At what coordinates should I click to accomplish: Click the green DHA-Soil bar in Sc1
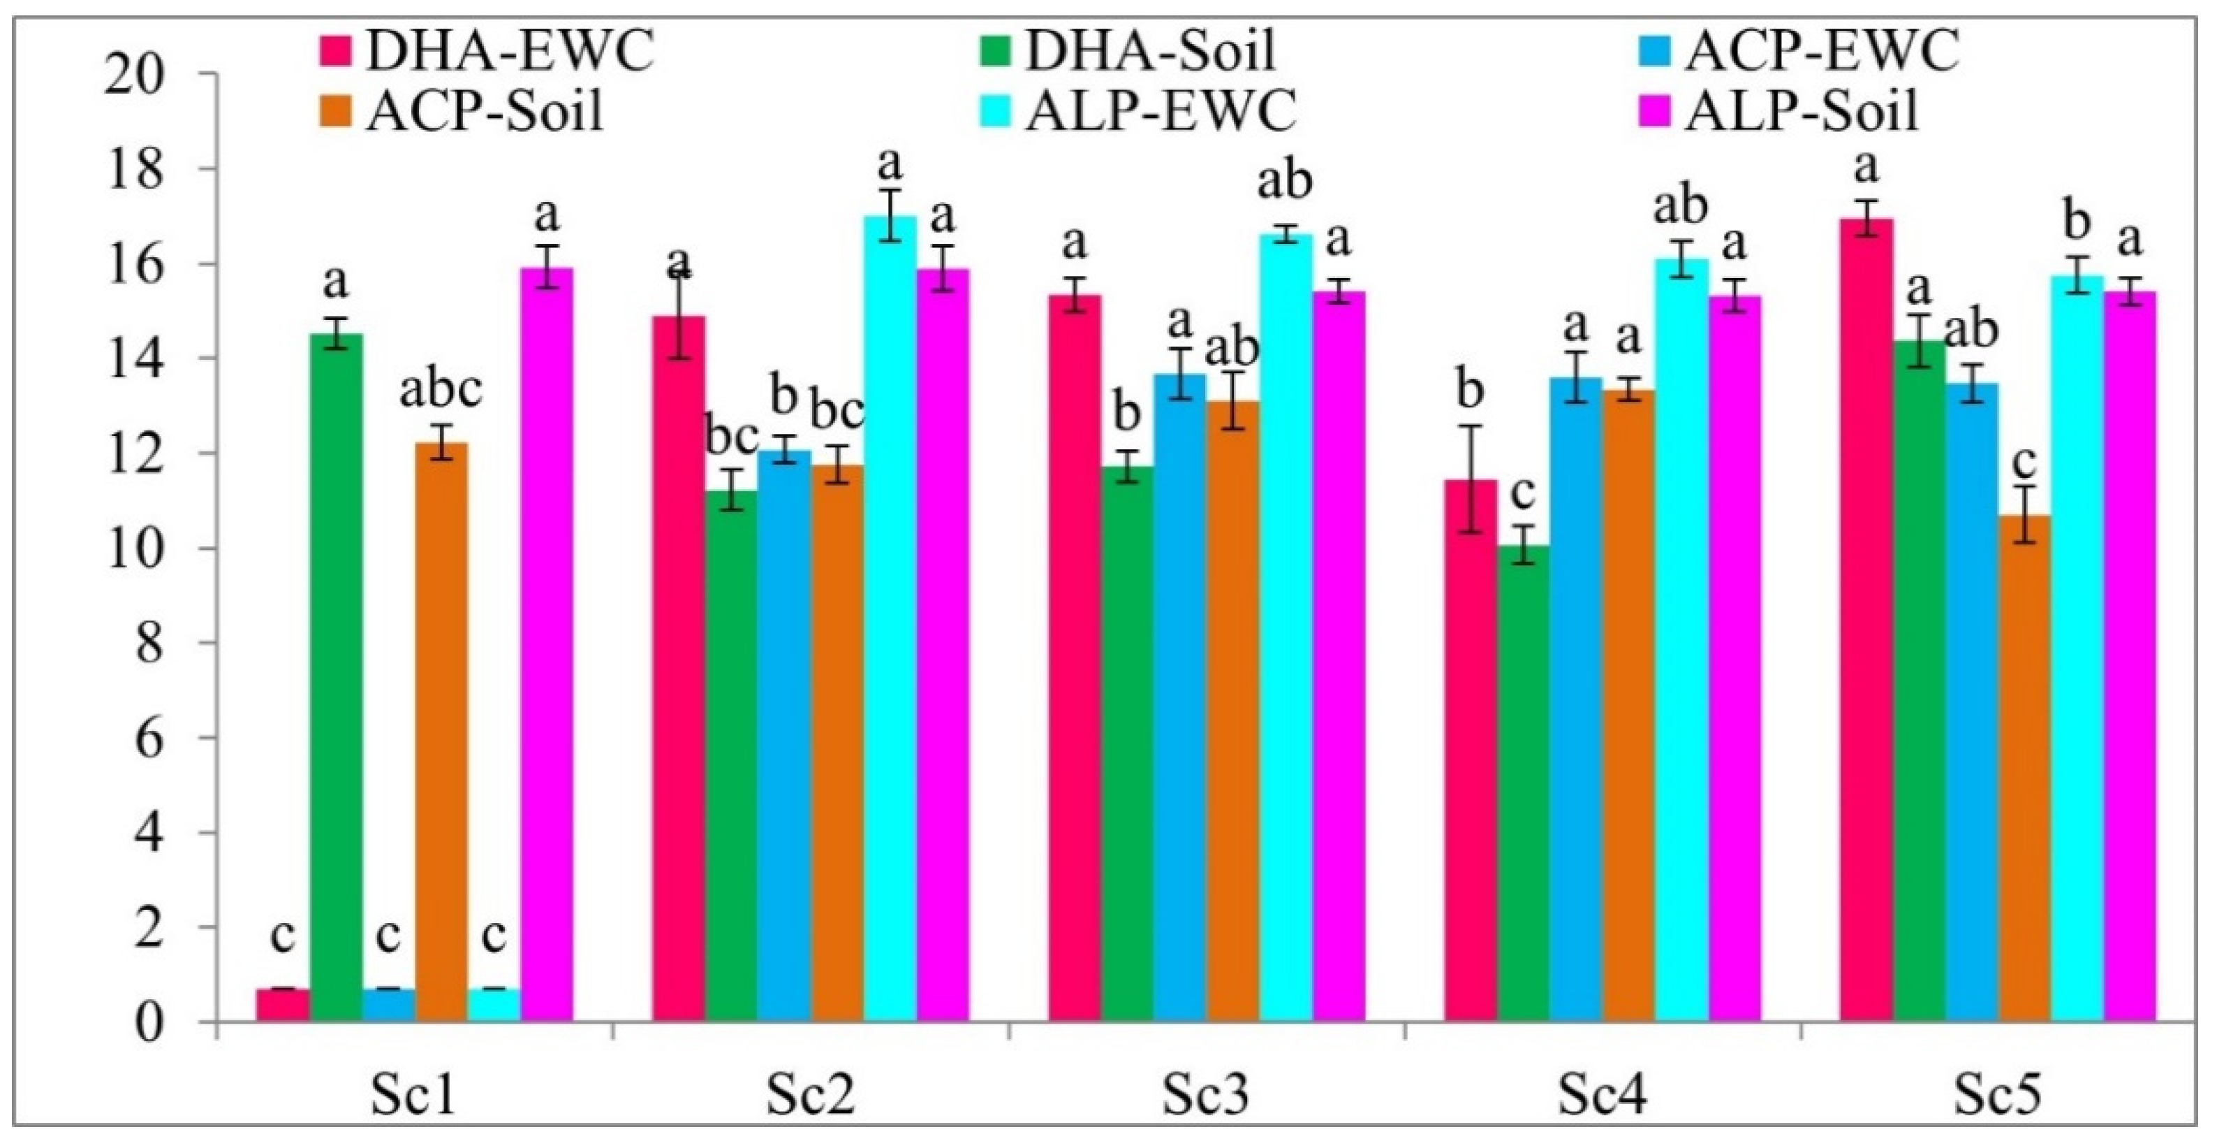[x=337, y=680]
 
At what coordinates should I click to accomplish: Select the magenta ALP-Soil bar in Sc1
[x=547, y=646]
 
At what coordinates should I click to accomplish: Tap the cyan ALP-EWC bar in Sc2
[x=890, y=620]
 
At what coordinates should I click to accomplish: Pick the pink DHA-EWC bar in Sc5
[x=1866, y=620]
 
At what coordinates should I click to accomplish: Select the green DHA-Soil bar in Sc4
[x=1524, y=783]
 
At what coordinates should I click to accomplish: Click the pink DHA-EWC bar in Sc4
[x=1470, y=749]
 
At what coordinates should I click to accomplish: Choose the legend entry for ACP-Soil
[x=466, y=111]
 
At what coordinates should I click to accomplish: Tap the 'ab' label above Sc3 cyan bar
[x=1286, y=182]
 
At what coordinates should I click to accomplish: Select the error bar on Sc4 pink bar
[x=1470, y=479]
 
